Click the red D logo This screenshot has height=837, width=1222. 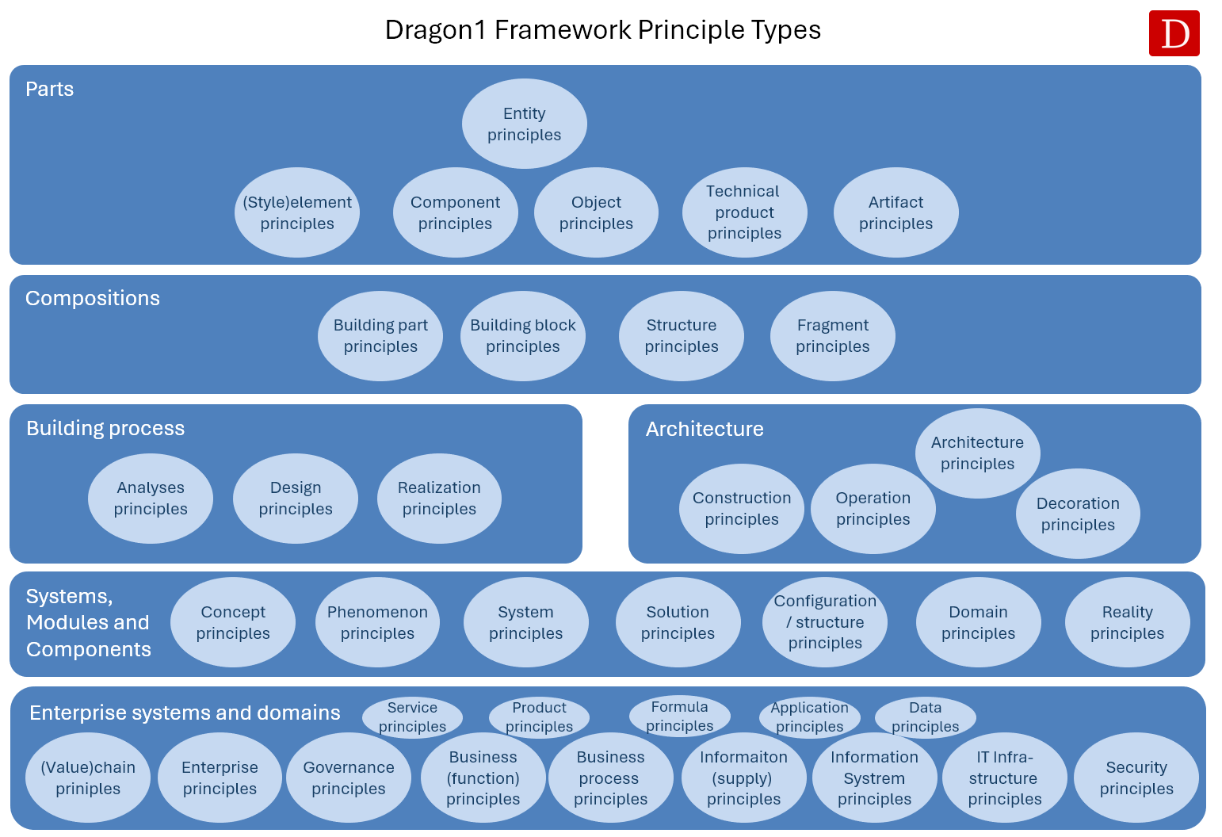1174,33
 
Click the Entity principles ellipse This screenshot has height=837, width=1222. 525,124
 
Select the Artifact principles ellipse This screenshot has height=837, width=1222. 895,212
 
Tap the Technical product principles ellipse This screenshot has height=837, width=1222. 745,212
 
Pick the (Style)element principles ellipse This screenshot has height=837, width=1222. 296,212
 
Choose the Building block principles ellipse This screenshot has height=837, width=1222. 522,335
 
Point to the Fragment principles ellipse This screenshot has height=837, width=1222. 832,335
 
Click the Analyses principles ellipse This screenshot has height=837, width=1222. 151,499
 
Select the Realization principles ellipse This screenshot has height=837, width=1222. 439,499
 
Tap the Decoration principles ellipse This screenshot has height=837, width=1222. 1078,514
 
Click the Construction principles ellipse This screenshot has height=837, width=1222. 742,509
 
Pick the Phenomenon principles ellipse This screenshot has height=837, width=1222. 377,622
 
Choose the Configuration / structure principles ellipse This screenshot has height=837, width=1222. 825,622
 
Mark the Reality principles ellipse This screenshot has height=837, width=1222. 1128,622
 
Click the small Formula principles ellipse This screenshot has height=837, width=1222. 680,717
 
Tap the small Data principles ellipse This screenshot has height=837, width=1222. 926,717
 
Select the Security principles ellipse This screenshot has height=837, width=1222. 1136,778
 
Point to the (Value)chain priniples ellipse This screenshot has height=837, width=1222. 88,778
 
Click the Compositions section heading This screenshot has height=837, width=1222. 93,299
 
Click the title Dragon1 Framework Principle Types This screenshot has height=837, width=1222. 603,29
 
